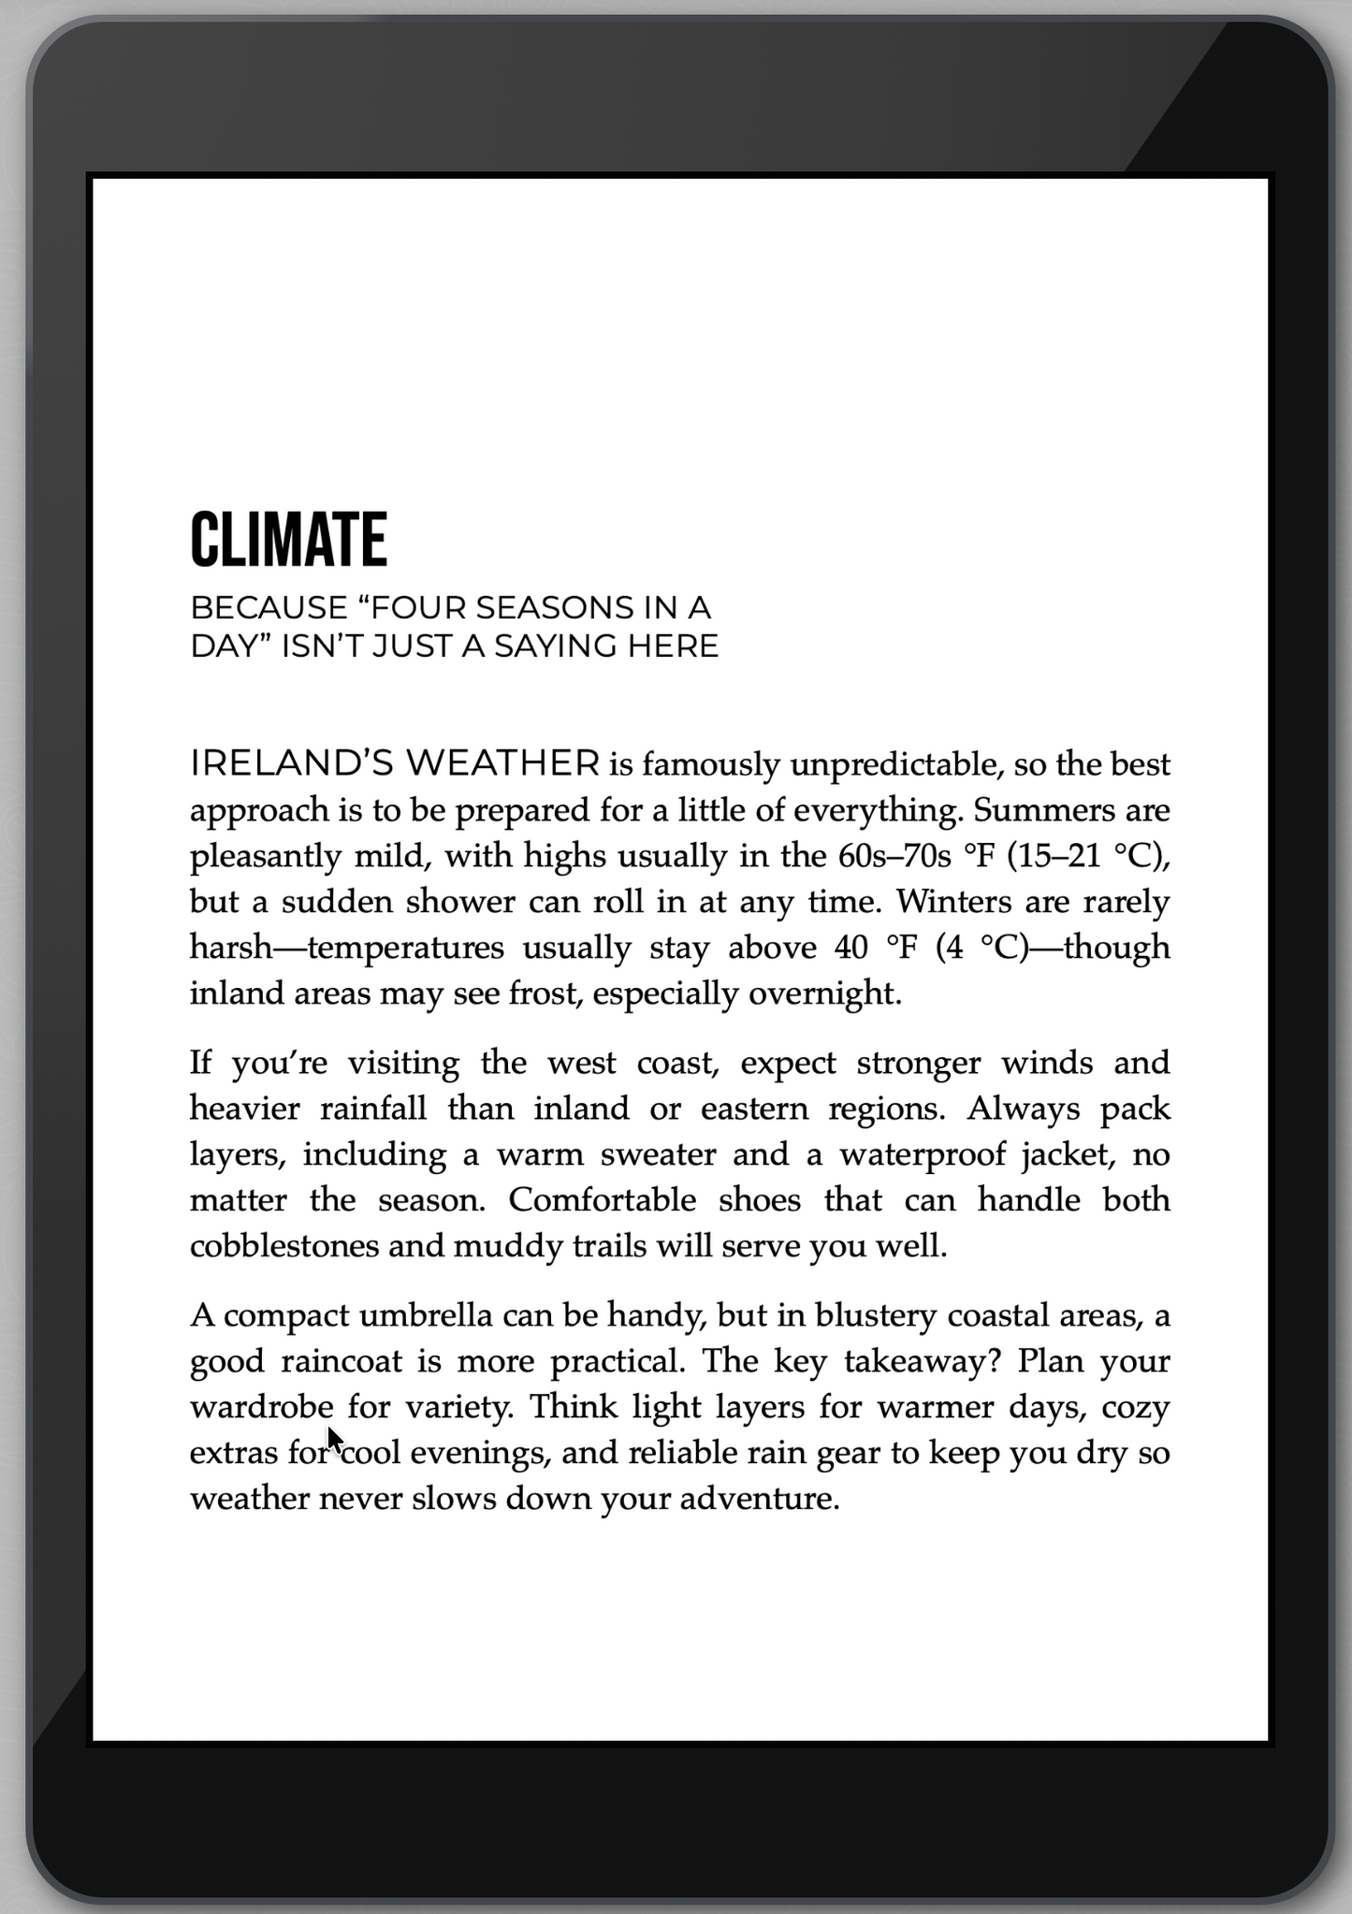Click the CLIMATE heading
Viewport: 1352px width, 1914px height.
(288, 540)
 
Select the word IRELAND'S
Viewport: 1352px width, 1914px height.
(293, 764)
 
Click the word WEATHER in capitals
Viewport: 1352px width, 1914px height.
(503, 764)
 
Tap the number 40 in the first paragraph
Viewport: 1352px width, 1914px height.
(851, 948)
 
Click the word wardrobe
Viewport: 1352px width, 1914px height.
(262, 1407)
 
